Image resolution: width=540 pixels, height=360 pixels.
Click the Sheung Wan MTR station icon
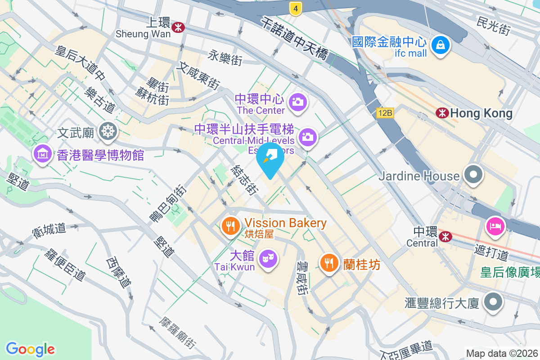179,27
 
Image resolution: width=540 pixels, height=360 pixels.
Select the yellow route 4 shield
295,8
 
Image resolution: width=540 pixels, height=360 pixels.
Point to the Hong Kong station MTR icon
442,113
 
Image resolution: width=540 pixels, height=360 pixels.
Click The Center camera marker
297,102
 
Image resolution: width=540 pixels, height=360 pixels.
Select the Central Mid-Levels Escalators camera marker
308,136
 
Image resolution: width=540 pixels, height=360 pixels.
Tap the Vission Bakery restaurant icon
231,225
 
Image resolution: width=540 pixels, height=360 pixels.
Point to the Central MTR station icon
445,235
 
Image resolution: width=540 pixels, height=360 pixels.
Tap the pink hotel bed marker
495,225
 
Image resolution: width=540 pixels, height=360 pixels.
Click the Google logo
30,349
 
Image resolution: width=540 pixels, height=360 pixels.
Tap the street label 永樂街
225,57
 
